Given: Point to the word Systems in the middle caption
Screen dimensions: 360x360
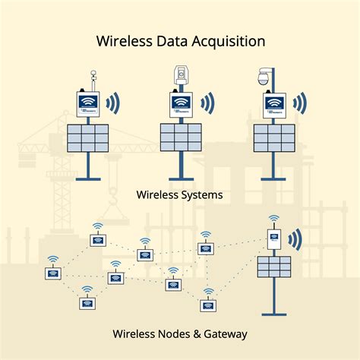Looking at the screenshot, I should (x=201, y=195).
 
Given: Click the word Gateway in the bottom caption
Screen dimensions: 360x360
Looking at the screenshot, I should (x=226, y=333).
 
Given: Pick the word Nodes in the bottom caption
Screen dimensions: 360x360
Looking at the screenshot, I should (x=176, y=333).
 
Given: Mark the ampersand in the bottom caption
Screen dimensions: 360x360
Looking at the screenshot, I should (x=198, y=333).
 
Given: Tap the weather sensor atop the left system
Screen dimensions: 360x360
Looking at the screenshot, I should (x=92, y=78).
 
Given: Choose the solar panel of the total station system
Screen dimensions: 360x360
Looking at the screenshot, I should (x=180, y=137).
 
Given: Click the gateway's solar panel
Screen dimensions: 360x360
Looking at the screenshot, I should (x=273, y=267).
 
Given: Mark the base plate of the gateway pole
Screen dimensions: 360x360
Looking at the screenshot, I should (x=273, y=313).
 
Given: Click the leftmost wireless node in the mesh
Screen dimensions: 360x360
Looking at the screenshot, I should (x=52, y=272).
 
